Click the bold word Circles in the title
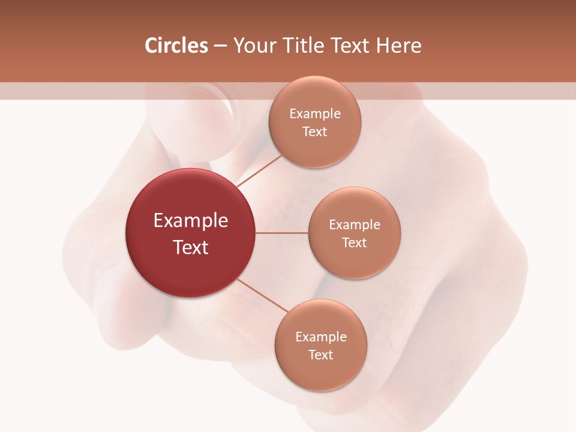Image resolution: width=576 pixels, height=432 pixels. tap(176, 46)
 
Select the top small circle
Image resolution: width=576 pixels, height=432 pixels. tap(314, 147)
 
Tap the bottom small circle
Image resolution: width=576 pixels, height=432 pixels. tap(320, 372)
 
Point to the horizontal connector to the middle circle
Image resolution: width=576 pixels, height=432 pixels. tap(281, 233)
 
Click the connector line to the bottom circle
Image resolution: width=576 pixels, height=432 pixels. tap(262, 295)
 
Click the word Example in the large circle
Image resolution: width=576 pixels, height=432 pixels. tap(191, 221)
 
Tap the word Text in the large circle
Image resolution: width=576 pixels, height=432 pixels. tap(191, 247)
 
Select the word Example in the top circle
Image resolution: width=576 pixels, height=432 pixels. tap(314, 113)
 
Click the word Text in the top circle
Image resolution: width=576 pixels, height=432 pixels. tap(314, 131)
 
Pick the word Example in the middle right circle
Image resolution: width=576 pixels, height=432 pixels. tap(355, 224)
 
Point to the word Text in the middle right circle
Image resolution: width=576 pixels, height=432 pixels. tap(355, 242)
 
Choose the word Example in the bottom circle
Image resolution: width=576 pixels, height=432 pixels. tap(320, 337)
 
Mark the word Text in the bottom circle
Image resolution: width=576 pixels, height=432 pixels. tap(320, 355)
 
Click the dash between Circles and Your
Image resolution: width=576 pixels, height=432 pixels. tap(220, 46)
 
